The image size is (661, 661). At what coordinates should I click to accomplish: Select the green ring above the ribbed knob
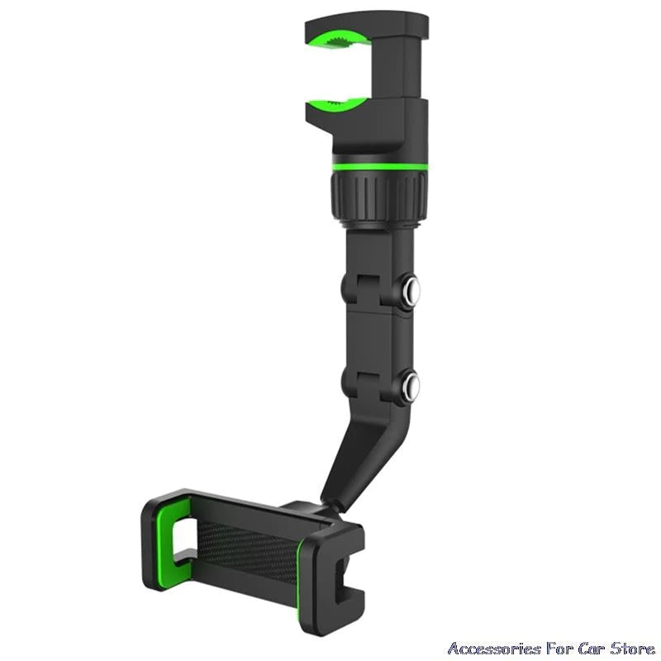pyautogui.click(x=380, y=167)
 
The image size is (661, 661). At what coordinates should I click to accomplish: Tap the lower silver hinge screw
pyautogui.click(x=410, y=384)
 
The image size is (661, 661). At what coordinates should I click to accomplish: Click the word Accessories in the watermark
pyautogui.click(x=493, y=648)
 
